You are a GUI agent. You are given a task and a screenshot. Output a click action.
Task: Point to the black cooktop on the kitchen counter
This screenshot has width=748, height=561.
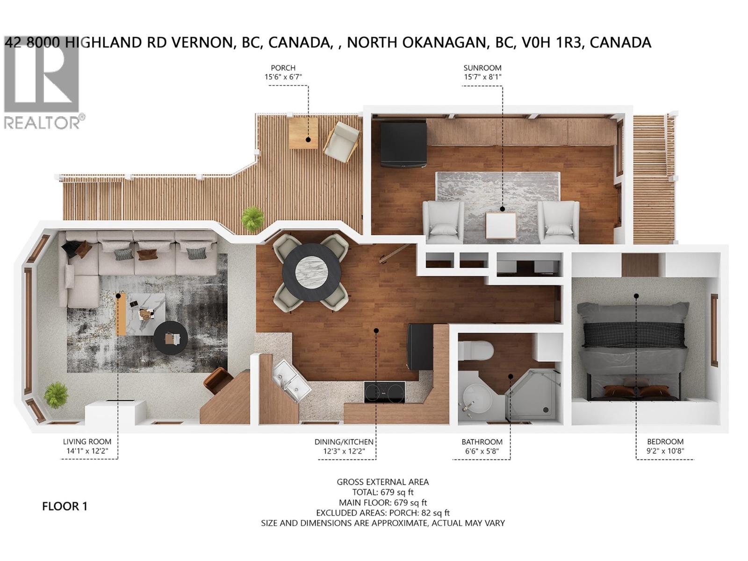[x=385, y=392]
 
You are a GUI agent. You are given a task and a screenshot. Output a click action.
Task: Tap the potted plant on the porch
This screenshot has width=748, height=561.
[x=253, y=218]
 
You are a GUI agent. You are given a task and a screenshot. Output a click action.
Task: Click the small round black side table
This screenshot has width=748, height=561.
[x=171, y=338]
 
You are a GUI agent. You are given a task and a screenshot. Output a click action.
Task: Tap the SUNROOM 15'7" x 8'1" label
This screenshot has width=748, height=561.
[x=482, y=72]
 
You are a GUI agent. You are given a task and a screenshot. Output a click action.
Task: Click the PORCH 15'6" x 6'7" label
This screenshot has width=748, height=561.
[x=283, y=72]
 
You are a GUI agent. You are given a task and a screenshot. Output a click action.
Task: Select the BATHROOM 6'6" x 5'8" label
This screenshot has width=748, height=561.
[x=482, y=446]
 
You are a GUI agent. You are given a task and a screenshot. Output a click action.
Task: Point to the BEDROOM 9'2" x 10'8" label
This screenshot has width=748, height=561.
[x=665, y=446]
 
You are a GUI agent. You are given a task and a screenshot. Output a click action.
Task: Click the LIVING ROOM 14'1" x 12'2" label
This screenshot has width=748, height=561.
[x=87, y=446]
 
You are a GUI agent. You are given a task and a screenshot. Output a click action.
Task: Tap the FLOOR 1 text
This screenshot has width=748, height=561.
[x=65, y=506]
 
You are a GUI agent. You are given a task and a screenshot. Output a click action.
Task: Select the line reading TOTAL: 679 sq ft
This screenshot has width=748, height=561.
[x=382, y=492]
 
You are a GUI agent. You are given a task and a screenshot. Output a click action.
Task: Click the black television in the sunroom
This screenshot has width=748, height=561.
[x=403, y=144]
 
